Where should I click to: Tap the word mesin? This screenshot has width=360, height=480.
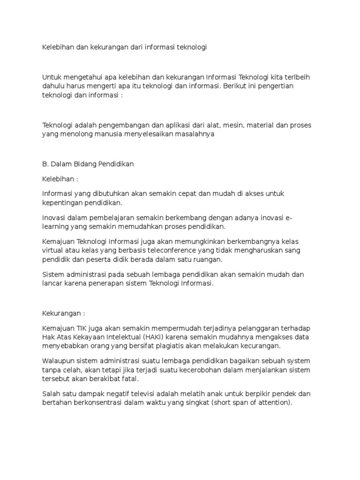coord(210,125)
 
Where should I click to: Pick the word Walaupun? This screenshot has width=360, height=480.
coord(60,361)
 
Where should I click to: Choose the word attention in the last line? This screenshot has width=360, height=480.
coord(272,403)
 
